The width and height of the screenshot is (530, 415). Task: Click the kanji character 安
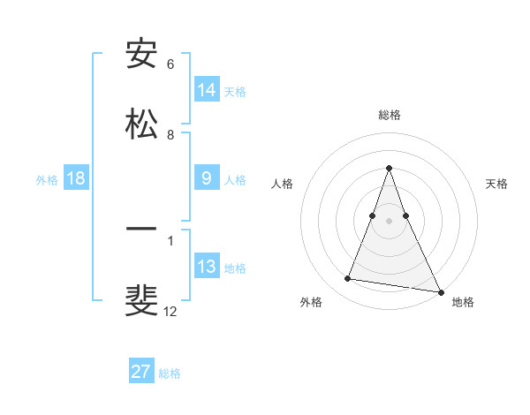141,54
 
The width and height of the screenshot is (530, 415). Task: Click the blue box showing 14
207,89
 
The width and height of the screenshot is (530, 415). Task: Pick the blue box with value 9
207,178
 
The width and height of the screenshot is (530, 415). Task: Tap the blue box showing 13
207,267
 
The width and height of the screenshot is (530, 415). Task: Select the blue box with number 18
76,178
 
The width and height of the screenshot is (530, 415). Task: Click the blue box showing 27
141,372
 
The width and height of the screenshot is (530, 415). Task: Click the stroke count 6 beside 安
170,64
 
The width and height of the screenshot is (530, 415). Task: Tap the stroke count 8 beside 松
170,135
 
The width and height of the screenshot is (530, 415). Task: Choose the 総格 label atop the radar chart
389,115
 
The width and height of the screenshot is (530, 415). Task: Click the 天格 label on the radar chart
497,184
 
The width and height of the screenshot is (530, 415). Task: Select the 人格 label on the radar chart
282,184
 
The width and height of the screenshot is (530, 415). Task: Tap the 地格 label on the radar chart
463,302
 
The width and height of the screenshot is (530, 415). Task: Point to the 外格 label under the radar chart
311,302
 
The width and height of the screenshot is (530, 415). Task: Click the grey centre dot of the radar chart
389,221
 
